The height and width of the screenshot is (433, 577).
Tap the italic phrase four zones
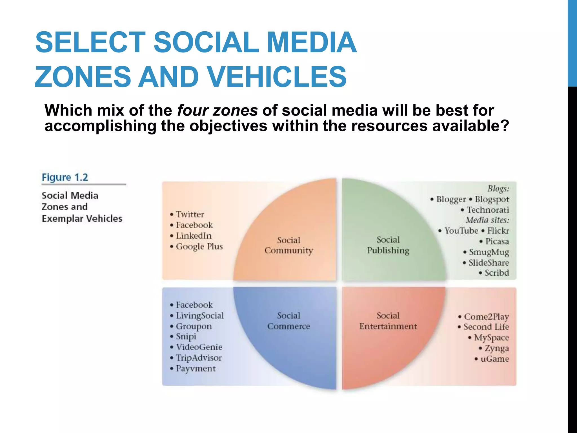pos(217,110)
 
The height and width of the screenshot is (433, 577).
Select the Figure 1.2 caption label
pos(65,177)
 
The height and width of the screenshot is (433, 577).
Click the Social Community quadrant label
pos(289,245)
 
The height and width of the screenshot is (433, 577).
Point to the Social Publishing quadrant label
pos(388,245)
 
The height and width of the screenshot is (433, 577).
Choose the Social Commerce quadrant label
pos(288,321)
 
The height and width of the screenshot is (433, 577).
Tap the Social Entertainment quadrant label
pos(388,321)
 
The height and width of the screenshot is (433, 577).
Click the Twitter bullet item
pos(190,215)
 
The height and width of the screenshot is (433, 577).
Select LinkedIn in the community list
pos(194,236)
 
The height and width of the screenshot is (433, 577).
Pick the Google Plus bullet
pos(199,246)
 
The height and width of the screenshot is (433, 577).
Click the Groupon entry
pos(194,326)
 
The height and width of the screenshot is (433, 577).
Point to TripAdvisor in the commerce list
pos(199,358)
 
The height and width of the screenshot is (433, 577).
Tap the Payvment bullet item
pos(196,368)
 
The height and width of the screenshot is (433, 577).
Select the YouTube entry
pos(461,231)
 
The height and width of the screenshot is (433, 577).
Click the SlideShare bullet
pos(488,263)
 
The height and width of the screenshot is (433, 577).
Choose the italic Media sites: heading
pos(487,220)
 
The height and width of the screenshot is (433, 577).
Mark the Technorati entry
pos(488,210)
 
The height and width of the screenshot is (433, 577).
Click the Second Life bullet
pos(486,327)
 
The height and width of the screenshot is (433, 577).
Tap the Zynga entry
pos(496,348)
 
